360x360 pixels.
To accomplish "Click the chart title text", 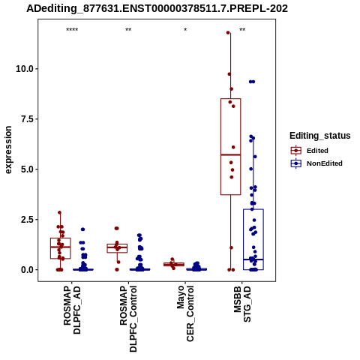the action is click(x=157, y=9).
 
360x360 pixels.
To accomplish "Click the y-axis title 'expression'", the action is click(x=8, y=150).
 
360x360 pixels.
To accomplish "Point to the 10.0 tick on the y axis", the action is click(x=25, y=69).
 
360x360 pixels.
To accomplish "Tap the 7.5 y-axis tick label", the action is click(x=28, y=119).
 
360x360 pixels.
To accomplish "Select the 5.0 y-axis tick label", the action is click(x=28, y=169).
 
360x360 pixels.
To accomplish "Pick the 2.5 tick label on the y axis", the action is click(x=28, y=220).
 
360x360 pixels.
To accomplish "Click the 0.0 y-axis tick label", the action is click(x=28, y=270).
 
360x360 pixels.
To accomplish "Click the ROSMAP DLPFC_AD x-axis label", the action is click(x=72, y=310).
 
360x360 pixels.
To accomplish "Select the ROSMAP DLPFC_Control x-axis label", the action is click(x=129, y=319).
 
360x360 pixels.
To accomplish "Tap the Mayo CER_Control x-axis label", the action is click(x=185, y=313).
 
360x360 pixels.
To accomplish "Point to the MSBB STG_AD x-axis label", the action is click(x=242, y=304).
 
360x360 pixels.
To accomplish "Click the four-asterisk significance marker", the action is click(x=72, y=30).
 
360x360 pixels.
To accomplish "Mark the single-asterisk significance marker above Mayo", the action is click(x=185, y=29).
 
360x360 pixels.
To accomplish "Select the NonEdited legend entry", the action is click(x=316, y=163).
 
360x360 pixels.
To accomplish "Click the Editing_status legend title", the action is click(x=320, y=136).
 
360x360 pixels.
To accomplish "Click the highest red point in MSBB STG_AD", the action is click(x=228, y=32).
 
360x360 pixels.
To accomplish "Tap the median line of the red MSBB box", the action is click(x=231, y=154).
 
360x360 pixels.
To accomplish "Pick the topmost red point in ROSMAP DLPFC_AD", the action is click(x=59, y=212).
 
